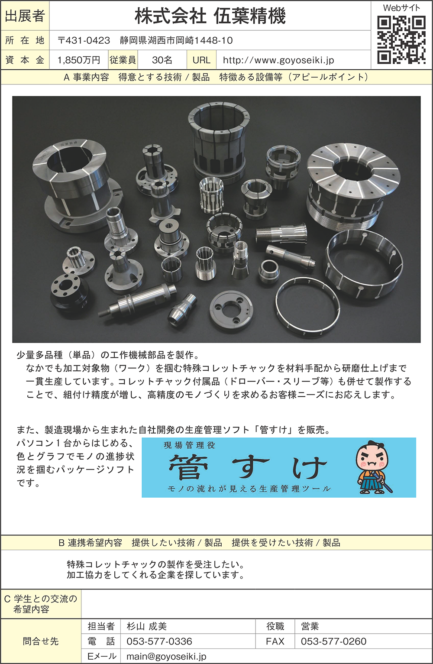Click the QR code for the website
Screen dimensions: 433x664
tap(401, 40)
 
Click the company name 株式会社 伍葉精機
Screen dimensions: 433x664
tap(210, 16)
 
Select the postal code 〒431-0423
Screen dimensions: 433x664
tap(84, 40)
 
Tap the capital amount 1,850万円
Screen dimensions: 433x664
tap(78, 60)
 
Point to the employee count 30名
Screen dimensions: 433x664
tap(162, 60)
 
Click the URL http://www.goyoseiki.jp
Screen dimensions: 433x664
tap(278, 60)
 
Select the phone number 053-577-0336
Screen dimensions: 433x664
tap(159, 641)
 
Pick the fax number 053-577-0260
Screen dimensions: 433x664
tap(334, 641)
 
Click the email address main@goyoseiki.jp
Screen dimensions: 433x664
tap(166, 656)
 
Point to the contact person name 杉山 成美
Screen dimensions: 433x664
tap(147, 626)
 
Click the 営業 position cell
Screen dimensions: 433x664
tap(310, 626)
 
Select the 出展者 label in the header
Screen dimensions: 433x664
tap(25, 16)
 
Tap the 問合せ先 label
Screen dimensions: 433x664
tap(41, 641)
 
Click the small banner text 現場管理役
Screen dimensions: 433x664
tap(189, 445)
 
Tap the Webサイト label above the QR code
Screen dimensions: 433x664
tap(401, 8)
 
